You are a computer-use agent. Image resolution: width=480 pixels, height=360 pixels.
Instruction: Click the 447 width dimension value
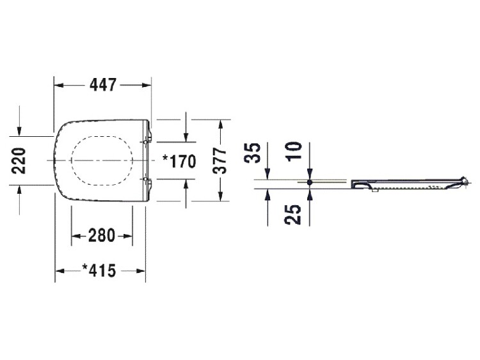[x=103, y=85]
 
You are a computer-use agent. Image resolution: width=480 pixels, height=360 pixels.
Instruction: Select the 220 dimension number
[x=19, y=161]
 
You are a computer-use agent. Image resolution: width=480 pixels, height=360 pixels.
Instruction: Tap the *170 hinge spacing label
[x=179, y=162]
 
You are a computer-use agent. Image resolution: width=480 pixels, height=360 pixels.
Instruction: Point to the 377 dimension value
[x=220, y=161]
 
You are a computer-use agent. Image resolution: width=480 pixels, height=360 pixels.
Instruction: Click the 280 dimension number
[x=102, y=236]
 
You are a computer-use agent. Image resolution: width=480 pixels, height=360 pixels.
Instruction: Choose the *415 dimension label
[x=99, y=270]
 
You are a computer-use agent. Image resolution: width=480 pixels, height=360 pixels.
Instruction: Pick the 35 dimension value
[x=253, y=153]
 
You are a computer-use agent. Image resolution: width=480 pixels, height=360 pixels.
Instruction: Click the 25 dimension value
[x=293, y=214]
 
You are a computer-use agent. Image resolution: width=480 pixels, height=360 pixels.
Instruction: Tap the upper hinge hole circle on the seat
[x=145, y=142]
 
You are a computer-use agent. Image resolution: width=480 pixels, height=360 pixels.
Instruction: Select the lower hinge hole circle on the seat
[x=145, y=179]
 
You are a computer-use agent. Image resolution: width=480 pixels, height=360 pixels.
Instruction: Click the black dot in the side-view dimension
[x=310, y=182]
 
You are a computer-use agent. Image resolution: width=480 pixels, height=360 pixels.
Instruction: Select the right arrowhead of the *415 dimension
[x=141, y=271]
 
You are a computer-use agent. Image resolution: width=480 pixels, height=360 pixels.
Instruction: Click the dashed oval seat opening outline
[x=102, y=136]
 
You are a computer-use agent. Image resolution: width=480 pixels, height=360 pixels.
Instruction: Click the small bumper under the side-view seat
[x=374, y=190]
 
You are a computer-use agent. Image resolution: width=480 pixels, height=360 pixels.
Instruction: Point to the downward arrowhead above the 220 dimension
[x=19, y=130]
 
